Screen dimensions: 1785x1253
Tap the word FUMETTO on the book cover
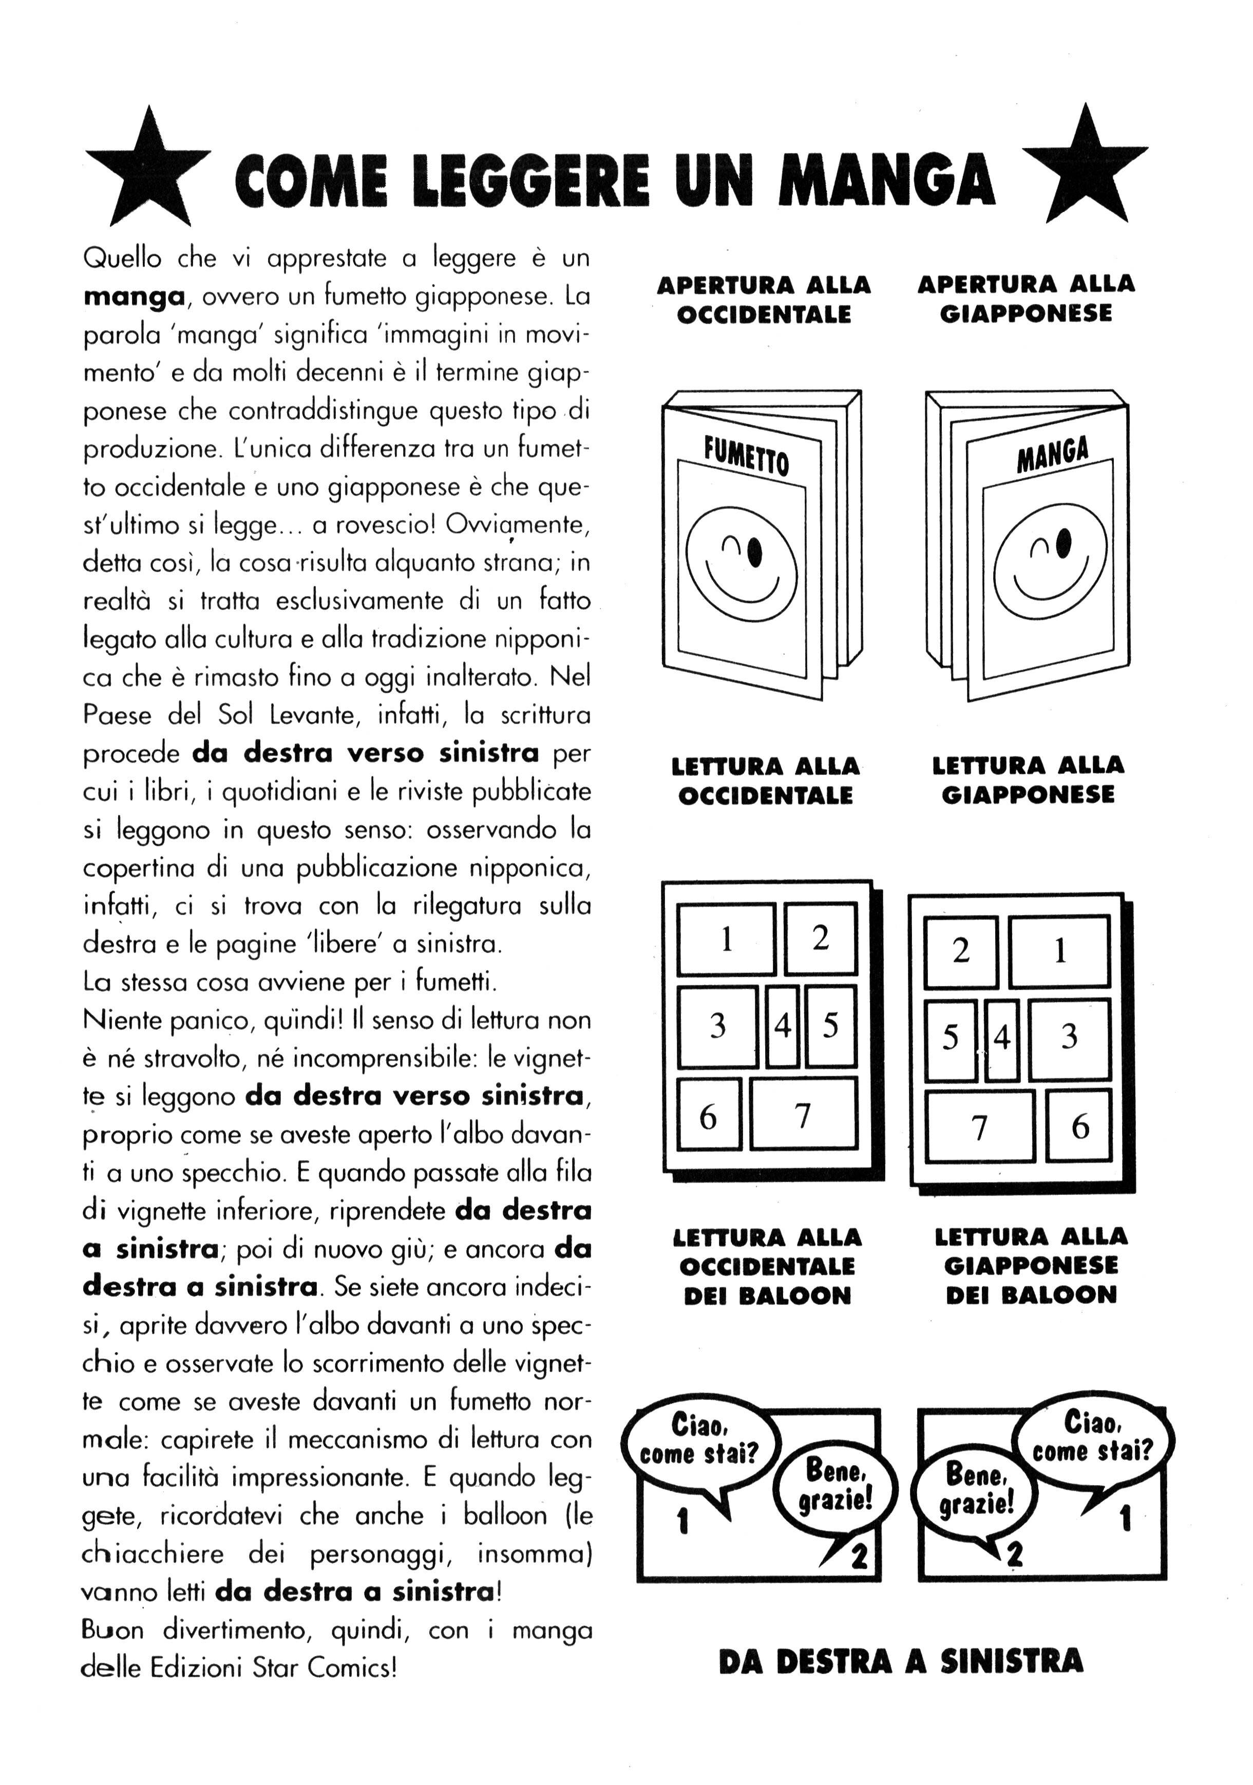746,455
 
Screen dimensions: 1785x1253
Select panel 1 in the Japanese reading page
1059,951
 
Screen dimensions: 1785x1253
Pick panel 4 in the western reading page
782,1026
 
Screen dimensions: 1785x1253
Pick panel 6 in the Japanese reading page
1079,1125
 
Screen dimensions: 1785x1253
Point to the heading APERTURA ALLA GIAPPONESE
1026,298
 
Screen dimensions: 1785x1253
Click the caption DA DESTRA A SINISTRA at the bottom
900,1661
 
